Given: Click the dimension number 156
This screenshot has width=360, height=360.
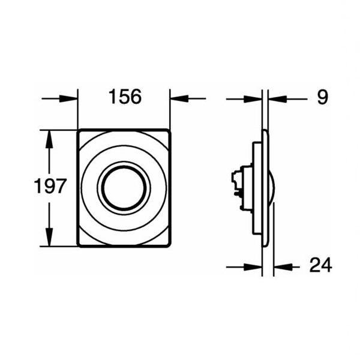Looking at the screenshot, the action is pyautogui.click(x=125, y=97).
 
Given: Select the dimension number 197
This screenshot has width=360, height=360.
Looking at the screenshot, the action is pyautogui.click(x=50, y=186).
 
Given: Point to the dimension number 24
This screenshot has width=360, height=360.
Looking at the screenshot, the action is pyautogui.click(x=320, y=265).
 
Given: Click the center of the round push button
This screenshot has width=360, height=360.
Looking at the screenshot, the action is pyautogui.click(x=124, y=188).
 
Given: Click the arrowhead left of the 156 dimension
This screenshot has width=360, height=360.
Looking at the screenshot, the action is pyautogui.click(x=68, y=99).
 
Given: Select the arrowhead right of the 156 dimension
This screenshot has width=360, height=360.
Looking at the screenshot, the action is pyautogui.click(x=179, y=99).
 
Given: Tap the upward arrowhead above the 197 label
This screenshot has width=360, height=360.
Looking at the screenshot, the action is pyautogui.click(x=49, y=139).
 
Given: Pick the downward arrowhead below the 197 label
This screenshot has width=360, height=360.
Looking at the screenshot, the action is pyautogui.click(x=49, y=237).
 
